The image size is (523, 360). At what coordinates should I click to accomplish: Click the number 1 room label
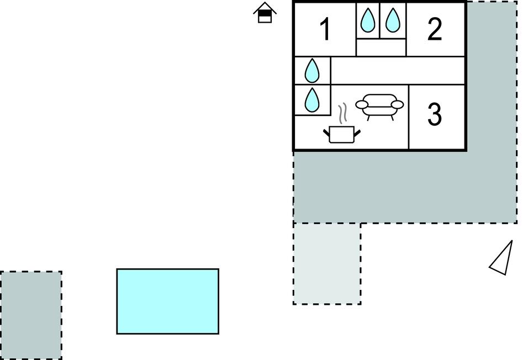325,29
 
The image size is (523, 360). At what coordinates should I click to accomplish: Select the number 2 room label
435,29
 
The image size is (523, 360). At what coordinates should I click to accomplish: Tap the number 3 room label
435,114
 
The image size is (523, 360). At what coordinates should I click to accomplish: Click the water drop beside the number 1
368,20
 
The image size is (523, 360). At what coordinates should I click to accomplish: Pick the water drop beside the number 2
393,20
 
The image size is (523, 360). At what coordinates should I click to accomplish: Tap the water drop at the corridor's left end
312,71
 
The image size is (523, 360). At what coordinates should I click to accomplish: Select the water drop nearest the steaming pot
312,100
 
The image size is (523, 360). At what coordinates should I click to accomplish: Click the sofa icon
379,107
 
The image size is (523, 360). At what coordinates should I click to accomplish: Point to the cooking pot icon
341,135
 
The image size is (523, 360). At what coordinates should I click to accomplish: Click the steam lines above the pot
343,113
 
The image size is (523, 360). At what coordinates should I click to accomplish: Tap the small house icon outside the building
265,13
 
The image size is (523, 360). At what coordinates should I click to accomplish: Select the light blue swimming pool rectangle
168,301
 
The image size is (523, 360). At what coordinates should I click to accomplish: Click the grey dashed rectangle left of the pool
31,315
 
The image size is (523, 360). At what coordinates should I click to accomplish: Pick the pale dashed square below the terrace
327,264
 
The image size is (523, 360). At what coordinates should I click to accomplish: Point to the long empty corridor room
398,71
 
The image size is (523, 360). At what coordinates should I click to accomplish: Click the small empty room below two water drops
381,47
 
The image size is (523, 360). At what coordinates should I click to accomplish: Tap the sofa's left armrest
362,105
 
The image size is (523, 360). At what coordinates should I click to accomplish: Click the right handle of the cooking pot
357,133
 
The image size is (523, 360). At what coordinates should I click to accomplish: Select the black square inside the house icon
265,13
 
